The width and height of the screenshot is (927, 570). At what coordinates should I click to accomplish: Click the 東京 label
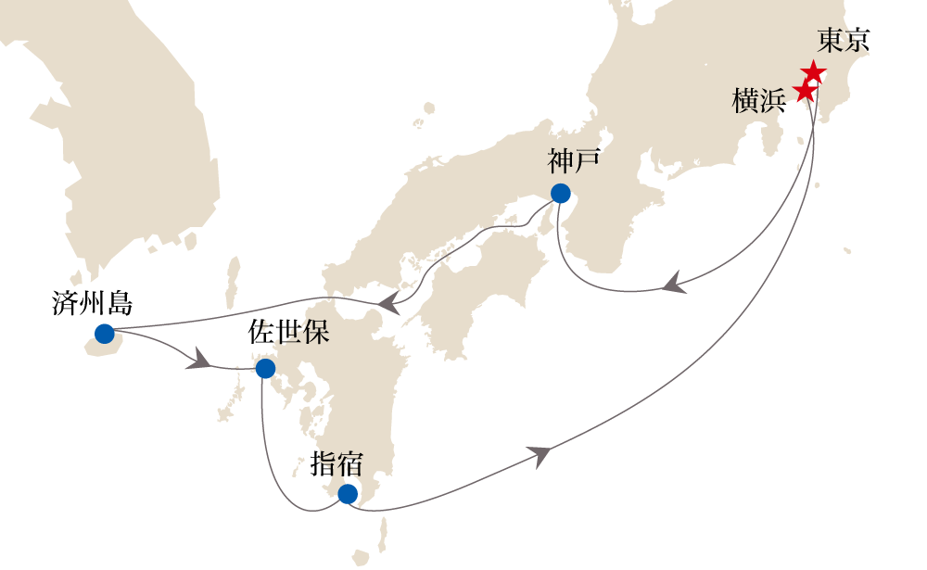[844, 41]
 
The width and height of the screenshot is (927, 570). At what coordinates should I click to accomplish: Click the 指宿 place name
[336, 463]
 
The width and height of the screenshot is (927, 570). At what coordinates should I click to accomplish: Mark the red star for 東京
[813, 72]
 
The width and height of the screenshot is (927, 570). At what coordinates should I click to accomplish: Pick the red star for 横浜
[806, 91]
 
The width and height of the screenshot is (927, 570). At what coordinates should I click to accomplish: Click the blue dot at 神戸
[560, 193]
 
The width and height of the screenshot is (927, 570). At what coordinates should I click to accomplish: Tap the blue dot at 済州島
[104, 334]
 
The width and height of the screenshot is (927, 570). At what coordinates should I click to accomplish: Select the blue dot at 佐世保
[265, 369]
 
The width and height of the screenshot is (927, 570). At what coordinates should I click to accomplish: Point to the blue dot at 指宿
[347, 494]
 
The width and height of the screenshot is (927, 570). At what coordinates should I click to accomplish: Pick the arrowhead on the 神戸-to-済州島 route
[391, 302]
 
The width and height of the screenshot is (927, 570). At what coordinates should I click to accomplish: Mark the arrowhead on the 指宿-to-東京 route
[541, 454]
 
